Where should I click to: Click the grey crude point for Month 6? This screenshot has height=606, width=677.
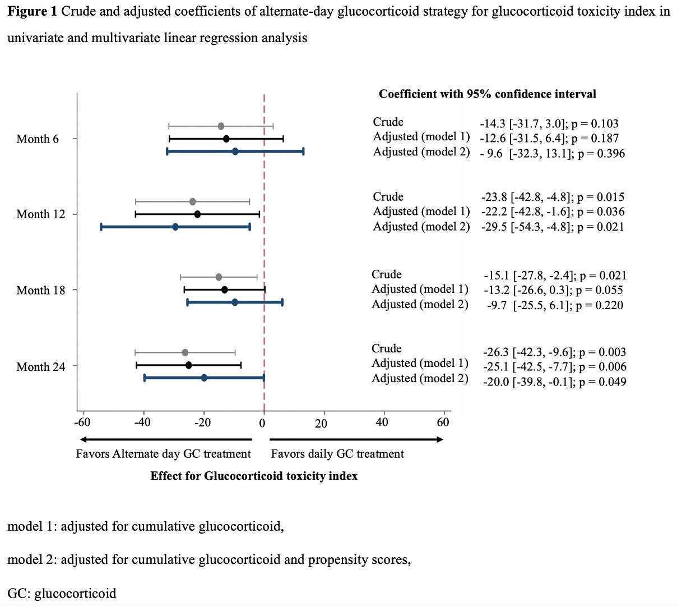(x=221, y=126)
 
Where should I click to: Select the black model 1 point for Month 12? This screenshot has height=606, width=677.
(x=197, y=214)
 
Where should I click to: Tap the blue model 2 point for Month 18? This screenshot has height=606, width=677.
(x=235, y=302)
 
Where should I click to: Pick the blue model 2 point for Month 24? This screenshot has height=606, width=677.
(x=204, y=378)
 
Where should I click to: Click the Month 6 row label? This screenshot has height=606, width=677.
(x=38, y=139)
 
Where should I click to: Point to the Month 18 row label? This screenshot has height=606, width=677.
(x=41, y=290)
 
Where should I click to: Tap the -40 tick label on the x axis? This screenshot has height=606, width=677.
(x=142, y=423)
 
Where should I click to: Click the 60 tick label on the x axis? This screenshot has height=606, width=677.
(x=443, y=423)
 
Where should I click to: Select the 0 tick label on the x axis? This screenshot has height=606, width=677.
(x=262, y=423)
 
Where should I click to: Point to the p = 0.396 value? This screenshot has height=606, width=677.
(x=601, y=154)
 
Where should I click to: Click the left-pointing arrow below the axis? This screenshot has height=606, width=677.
(x=166, y=439)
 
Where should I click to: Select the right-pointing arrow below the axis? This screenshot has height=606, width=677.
(x=356, y=439)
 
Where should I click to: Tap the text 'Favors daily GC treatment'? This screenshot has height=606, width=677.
(x=337, y=454)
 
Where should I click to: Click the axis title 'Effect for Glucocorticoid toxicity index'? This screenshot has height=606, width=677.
(x=254, y=476)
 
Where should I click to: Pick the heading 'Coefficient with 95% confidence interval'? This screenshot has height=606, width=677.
(x=487, y=94)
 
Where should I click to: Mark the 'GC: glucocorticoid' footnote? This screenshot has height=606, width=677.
(x=62, y=594)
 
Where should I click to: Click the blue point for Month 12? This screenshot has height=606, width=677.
(x=175, y=227)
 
